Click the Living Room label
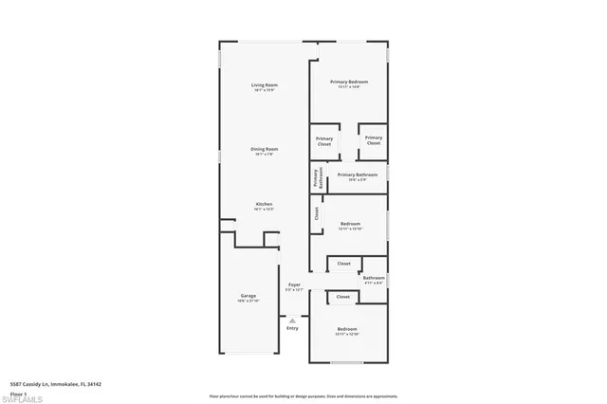264,85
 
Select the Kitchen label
264,204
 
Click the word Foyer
295,284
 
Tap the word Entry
292,328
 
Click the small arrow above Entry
292,320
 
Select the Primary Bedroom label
348,82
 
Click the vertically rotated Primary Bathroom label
317,179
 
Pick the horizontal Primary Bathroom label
358,174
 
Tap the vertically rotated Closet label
317,214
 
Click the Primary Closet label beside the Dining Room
324,141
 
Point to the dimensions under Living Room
264,91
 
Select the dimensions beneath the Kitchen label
264,210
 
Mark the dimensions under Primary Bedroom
348,87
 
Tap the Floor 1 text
18,392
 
